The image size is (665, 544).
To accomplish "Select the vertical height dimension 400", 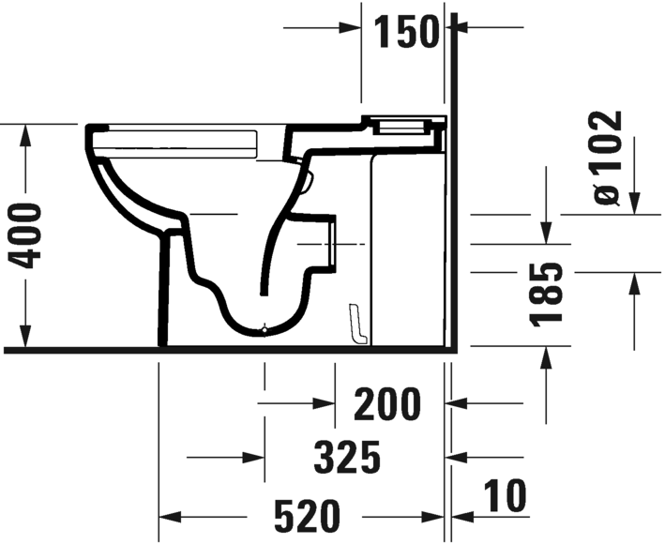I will point(30,234).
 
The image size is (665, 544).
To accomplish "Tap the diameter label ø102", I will point(608,157).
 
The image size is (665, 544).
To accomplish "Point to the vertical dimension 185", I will point(548,295).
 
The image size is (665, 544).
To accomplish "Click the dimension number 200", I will point(387,405).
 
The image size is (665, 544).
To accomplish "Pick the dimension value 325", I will point(347,458).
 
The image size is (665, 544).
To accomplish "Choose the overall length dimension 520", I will point(305,517).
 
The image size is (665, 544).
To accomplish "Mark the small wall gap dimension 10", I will point(506,494).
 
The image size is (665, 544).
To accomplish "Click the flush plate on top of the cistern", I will point(403,122).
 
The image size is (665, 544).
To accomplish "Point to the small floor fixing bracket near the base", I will point(355,324).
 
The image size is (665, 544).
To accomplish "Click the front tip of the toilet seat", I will point(91,130).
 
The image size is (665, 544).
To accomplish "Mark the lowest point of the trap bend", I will point(266,331).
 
